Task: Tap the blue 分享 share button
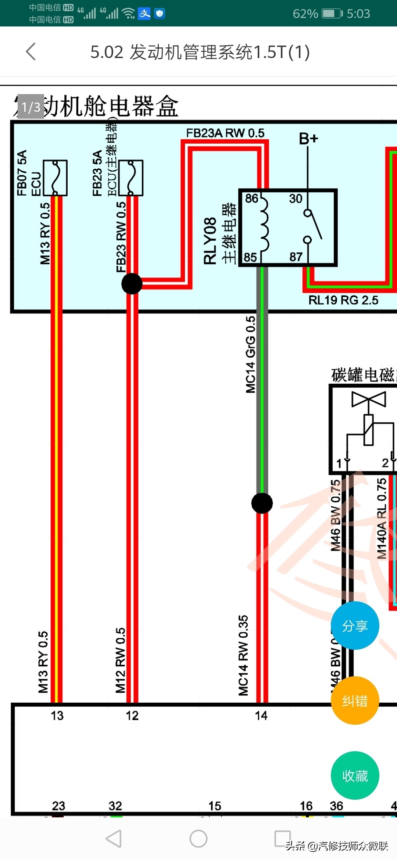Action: [x=355, y=626]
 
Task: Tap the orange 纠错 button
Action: [x=355, y=700]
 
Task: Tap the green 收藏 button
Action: [x=355, y=775]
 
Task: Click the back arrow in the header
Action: [x=31, y=51]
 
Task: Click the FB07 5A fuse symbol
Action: [x=55, y=178]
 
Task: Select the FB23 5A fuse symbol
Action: [x=131, y=178]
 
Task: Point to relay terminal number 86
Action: [x=252, y=198]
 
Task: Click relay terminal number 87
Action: [x=296, y=257]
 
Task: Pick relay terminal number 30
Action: [x=296, y=198]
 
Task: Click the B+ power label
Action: [x=308, y=139]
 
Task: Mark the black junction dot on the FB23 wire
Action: [x=132, y=284]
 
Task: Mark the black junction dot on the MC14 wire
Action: [x=262, y=503]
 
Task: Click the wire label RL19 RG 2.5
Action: [x=343, y=300]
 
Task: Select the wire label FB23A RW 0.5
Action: [x=225, y=133]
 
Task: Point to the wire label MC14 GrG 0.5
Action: [x=251, y=355]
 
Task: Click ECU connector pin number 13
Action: [x=57, y=716]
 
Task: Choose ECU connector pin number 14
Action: [x=261, y=716]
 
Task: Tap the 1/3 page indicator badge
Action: [x=31, y=107]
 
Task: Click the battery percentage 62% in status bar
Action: [x=305, y=14]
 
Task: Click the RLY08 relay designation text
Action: [x=210, y=241]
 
